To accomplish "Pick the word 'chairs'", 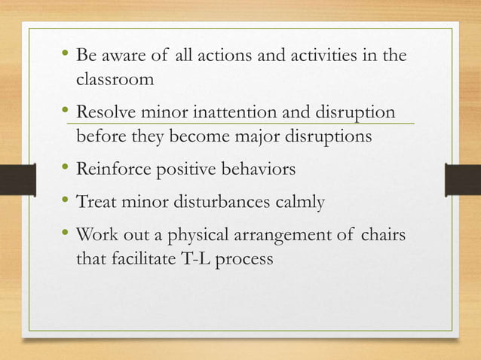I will click(384, 236).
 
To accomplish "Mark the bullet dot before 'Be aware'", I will click(64, 53).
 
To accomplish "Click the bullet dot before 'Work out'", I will click(64, 234).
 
